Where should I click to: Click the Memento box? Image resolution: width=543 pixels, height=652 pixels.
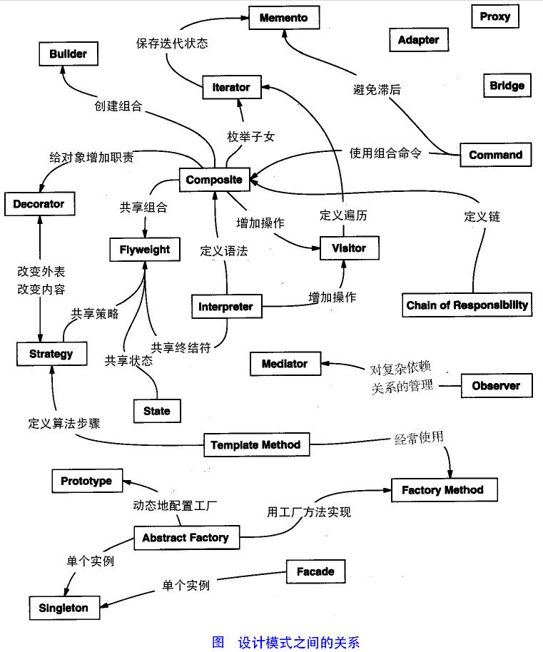point(284,17)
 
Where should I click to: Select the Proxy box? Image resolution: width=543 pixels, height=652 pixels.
point(494,16)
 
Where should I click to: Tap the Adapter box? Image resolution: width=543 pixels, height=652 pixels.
point(418,40)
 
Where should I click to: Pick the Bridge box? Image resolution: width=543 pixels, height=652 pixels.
point(507,86)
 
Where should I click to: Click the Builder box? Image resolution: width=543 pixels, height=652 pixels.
point(68,54)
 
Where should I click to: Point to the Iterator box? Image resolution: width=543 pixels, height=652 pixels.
point(231,87)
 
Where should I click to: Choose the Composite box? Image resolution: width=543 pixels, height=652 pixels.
point(214,180)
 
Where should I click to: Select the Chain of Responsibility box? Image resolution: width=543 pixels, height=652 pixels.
point(467,305)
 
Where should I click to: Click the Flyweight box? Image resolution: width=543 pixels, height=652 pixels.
point(146,250)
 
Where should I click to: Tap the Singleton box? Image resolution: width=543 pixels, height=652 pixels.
point(64,608)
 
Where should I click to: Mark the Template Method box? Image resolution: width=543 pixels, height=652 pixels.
point(256,445)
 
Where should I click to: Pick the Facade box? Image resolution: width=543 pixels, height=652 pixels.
point(315,571)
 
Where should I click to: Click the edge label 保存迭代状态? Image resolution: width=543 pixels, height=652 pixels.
point(172,43)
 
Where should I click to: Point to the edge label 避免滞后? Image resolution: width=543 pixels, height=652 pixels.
point(377,90)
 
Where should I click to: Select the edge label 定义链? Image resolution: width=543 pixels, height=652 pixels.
point(482,217)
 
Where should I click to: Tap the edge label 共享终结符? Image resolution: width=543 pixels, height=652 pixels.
point(181,347)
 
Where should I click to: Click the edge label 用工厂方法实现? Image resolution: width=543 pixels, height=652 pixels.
point(309,511)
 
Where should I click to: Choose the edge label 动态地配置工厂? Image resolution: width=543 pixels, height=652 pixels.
point(175,506)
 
